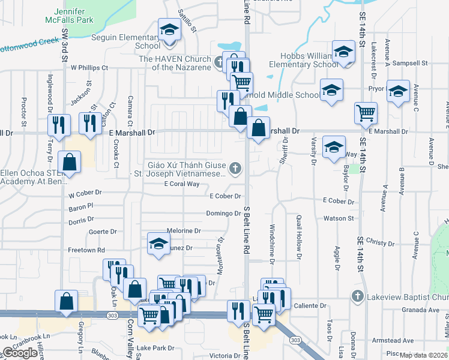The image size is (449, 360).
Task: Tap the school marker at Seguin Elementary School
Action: pyautogui.click(x=169, y=29)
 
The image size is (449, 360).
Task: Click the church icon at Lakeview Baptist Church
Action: pyautogui.click(x=357, y=296)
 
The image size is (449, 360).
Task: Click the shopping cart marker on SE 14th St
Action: pyautogui.click(x=366, y=112)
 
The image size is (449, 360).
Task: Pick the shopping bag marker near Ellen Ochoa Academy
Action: pyautogui.click(x=70, y=161)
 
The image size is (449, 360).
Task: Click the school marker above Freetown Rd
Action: pyautogui.click(x=158, y=244)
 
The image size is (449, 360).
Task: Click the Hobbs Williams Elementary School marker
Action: pyautogui.click(x=343, y=51)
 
